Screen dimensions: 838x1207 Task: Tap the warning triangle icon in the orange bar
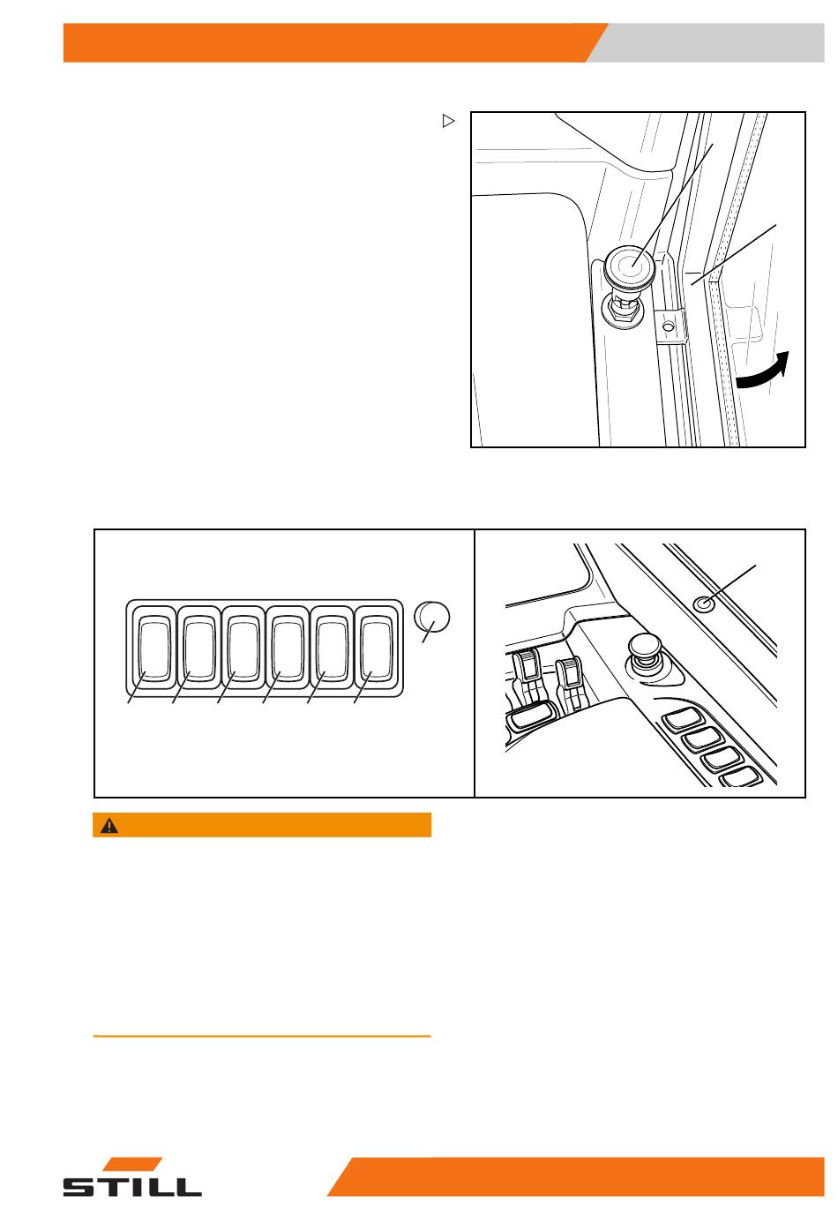(x=109, y=826)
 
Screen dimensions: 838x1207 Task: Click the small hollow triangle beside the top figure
(x=448, y=121)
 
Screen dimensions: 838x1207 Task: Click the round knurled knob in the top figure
(x=628, y=266)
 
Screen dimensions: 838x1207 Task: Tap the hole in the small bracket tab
(x=669, y=326)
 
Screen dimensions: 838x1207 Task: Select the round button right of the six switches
(x=432, y=617)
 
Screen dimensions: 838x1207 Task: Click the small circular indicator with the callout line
(x=702, y=604)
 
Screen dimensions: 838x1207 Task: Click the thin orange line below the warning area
(x=262, y=1036)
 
